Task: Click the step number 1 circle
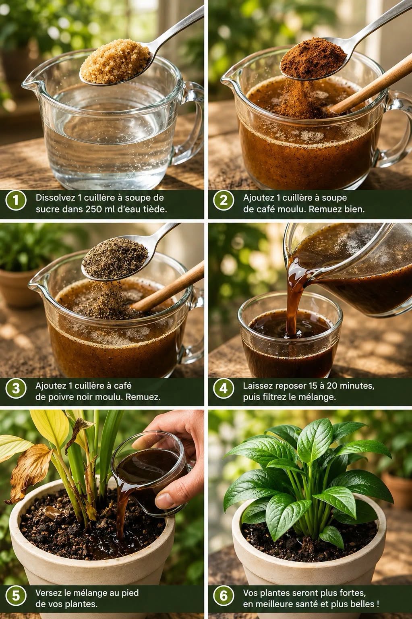click(16, 200)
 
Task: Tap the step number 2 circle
click(224, 200)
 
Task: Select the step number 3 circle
click(16, 388)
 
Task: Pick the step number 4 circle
click(224, 388)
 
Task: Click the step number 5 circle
click(16, 595)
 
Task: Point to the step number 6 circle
click(224, 595)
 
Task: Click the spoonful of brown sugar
click(115, 65)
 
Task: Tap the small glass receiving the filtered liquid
click(290, 335)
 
